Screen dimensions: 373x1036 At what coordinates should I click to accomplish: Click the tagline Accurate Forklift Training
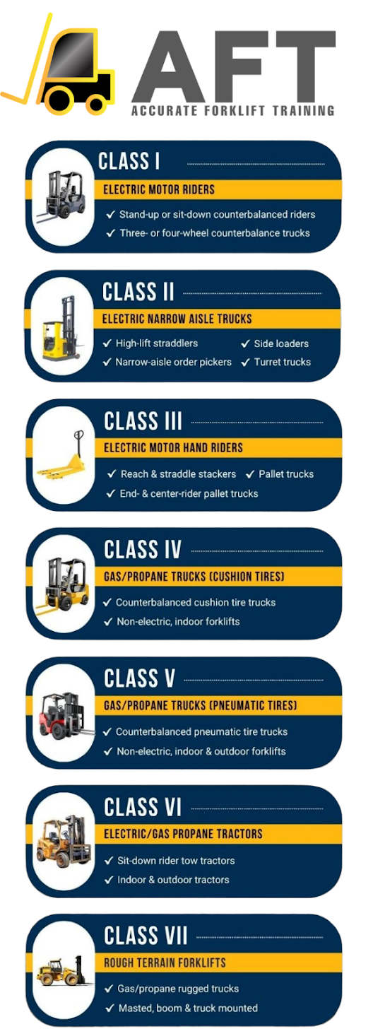coord(233,111)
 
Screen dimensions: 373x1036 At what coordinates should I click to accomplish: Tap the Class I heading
coord(129,161)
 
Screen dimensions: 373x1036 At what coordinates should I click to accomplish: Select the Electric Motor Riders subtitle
coord(159,189)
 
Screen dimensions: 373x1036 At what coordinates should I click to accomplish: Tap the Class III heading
coord(143,421)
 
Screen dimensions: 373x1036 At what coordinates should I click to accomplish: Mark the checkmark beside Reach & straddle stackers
coord(112,474)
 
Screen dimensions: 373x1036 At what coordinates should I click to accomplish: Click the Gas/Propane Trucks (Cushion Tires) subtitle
coord(194,577)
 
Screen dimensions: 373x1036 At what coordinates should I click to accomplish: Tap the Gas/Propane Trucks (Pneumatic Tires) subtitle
coord(200,706)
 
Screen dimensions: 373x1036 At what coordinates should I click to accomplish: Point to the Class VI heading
coord(143,808)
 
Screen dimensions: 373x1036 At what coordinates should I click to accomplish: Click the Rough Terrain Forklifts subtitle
coord(165,963)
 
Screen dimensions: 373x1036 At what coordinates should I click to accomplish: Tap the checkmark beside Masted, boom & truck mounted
coord(109,1008)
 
